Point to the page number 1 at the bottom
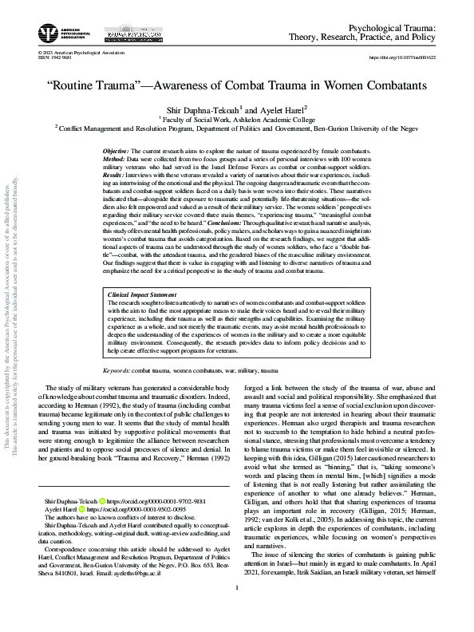237,611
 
